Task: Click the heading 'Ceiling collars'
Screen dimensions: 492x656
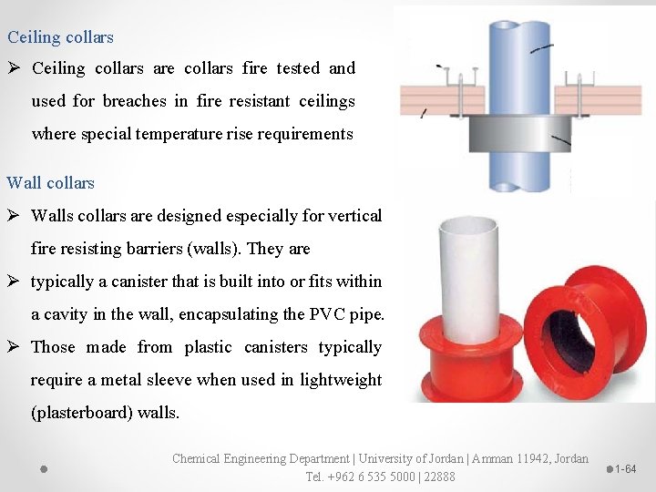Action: pyautogui.click(x=60, y=37)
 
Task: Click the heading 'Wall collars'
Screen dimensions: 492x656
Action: pyautogui.click(x=51, y=182)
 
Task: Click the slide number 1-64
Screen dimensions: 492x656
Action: pyautogui.click(x=625, y=469)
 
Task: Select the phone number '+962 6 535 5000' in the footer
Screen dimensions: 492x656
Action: pyautogui.click(x=360, y=477)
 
